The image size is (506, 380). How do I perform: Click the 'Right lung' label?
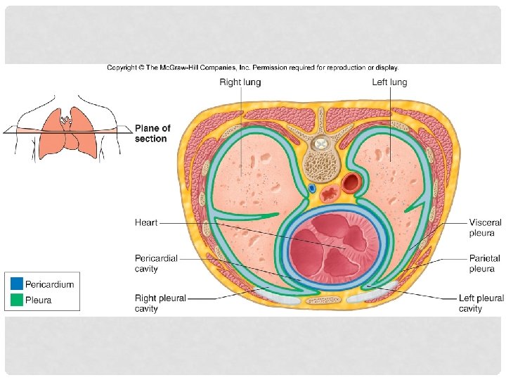pos(240,82)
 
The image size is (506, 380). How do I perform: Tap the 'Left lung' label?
pos(389,82)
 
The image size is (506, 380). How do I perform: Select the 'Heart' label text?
pos(146,222)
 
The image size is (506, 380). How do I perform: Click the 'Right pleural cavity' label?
pos(160,303)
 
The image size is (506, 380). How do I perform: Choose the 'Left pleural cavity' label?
pos(481,303)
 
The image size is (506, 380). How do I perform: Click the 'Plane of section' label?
pos(152,134)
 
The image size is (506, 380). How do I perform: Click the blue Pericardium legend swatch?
pos(16,284)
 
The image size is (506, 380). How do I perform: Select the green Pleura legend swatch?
pos(16,300)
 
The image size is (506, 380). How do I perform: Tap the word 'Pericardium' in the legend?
pos(49,284)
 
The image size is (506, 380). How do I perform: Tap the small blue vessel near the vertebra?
pos(311,189)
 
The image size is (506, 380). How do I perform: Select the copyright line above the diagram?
pos(253,68)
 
